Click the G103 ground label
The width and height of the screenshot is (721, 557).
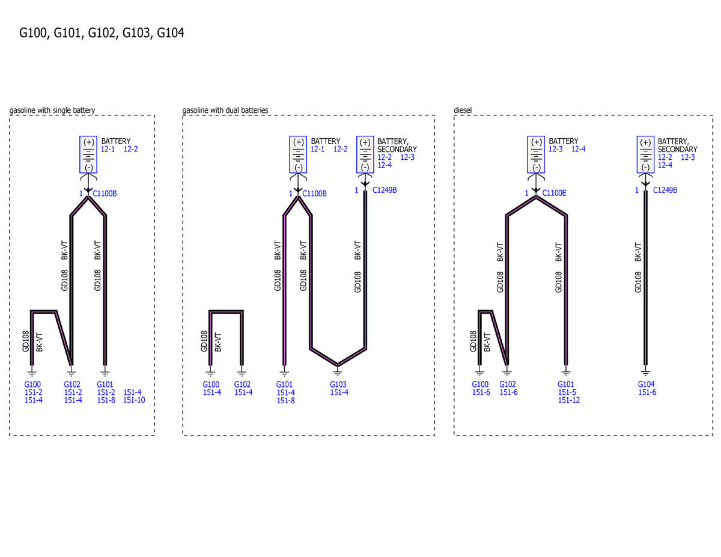coord(338,385)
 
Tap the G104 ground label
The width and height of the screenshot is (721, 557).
coord(646,384)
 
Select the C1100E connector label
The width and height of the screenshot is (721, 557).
coord(554,193)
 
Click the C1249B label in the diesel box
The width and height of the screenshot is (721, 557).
coord(665,190)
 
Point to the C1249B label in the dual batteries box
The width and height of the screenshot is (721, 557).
coord(385,190)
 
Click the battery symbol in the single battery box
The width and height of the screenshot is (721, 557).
coord(88,154)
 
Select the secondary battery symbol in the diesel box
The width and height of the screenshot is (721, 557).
coord(645,154)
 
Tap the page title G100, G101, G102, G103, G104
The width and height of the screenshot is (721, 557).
coord(102,33)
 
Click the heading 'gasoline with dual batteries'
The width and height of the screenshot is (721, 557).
coord(225,110)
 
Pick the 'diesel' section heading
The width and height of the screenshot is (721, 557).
coord(463,110)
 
